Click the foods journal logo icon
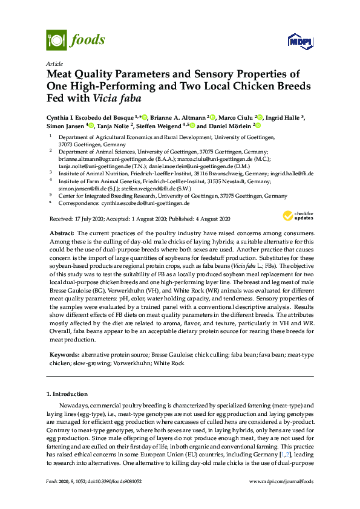(56, 41)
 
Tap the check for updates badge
(296, 216)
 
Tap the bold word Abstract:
(62, 233)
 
